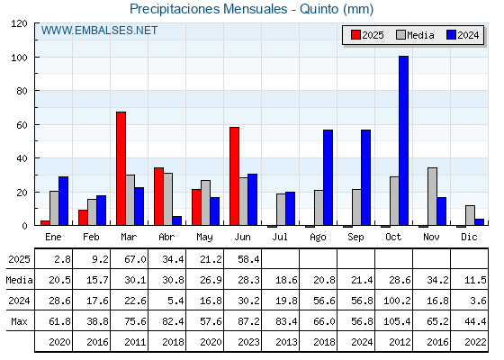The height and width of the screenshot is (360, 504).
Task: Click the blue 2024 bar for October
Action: (403, 140)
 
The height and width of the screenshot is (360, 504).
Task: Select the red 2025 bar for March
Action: (121, 168)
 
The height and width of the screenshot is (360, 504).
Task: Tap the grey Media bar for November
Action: (432, 196)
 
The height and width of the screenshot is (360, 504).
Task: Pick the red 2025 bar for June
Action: (234, 176)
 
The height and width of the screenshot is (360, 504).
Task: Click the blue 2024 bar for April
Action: (176, 220)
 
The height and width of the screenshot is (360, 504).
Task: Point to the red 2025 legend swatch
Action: (355, 35)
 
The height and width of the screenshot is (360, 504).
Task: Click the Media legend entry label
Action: (420, 35)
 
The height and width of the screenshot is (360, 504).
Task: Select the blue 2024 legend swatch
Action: (451, 35)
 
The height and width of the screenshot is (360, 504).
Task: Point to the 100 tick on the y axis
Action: (36, 58)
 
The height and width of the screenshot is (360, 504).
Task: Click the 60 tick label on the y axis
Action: (22, 125)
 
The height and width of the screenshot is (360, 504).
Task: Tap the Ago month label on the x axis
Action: (318, 238)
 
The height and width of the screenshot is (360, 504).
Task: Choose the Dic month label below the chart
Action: (469, 237)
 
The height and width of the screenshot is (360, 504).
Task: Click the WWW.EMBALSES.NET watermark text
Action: (99, 31)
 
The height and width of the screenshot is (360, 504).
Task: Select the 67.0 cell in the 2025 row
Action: (135, 259)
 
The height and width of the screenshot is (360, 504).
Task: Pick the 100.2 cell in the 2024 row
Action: (397, 301)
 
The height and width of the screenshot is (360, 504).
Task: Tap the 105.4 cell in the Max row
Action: (397, 321)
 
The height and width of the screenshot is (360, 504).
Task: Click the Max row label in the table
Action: (19, 321)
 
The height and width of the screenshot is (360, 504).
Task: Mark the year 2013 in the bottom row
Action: (286, 342)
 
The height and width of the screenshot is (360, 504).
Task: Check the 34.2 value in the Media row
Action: (437, 280)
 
